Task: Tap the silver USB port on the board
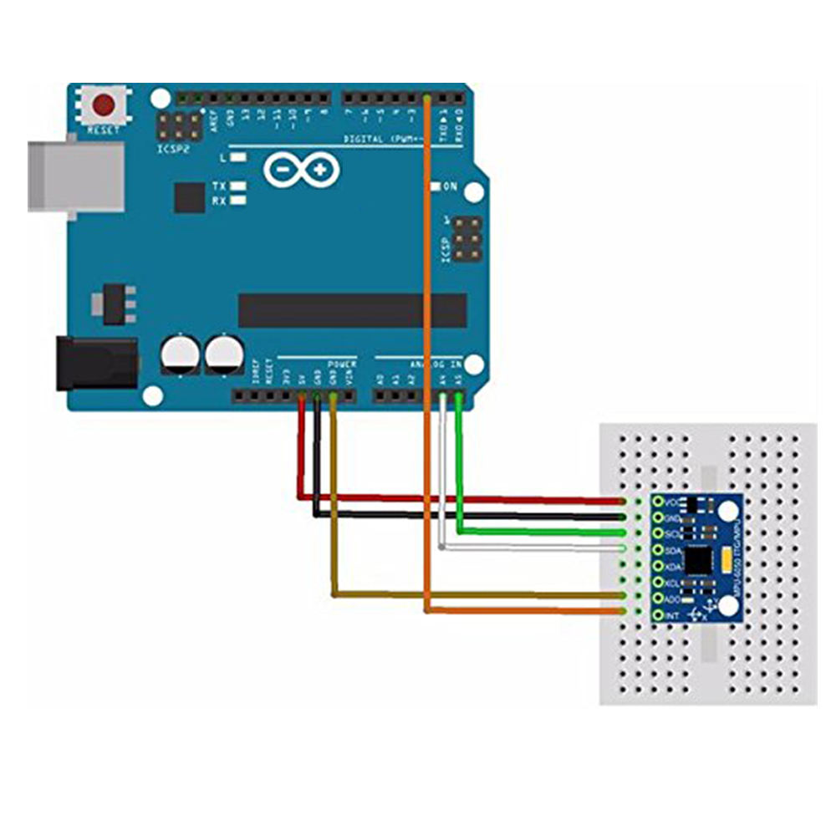[x=75, y=176]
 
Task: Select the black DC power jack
[x=95, y=364]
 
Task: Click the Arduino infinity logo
[x=302, y=170]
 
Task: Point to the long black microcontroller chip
[x=352, y=310]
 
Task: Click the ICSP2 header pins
[x=178, y=127]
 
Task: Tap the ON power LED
[x=435, y=186]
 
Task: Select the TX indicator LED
[x=240, y=186]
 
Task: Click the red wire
[x=460, y=500]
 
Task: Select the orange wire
[x=428, y=334]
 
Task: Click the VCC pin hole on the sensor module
[x=659, y=502]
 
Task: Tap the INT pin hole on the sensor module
[x=659, y=614]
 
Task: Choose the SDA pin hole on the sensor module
[x=659, y=550]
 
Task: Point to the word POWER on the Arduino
[x=342, y=364]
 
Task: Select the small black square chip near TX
[x=190, y=198]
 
